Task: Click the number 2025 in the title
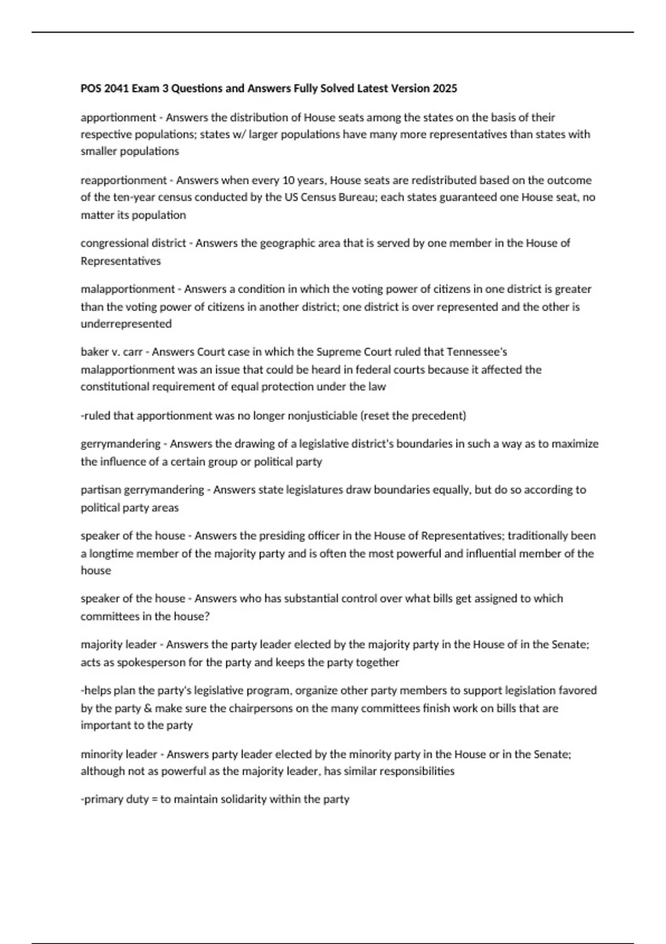[445, 88]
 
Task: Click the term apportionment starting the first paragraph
[118, 118]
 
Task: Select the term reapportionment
[123, 180]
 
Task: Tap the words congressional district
[133, 243]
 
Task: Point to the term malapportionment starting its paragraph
[128, 289]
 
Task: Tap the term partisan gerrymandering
[142, 490]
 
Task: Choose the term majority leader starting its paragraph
[119, 645]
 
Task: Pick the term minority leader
[119, 755]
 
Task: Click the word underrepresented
[126, 324]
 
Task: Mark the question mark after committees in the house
[206, 616]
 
